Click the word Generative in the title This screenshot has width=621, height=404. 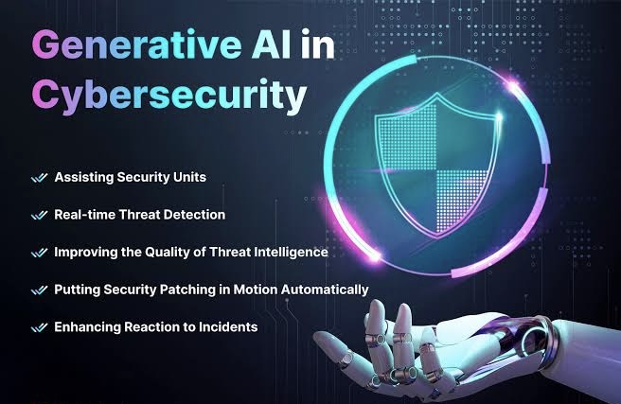[x=136, y=44]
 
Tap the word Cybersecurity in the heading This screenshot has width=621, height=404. [x=169, y=95]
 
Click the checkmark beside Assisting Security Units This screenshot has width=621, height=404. [x=39, y=178]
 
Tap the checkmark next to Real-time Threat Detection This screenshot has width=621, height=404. [x=39, y=216]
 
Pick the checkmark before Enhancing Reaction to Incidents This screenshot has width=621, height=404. [x=39, y=327]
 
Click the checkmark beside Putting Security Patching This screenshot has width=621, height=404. [x=39, y=290]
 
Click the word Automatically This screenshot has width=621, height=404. [x=325, y=290]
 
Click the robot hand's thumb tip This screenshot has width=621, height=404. [x=321, y=338]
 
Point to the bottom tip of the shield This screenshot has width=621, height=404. [x=436, y=238]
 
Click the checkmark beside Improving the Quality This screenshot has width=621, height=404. [x=39, y=253]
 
